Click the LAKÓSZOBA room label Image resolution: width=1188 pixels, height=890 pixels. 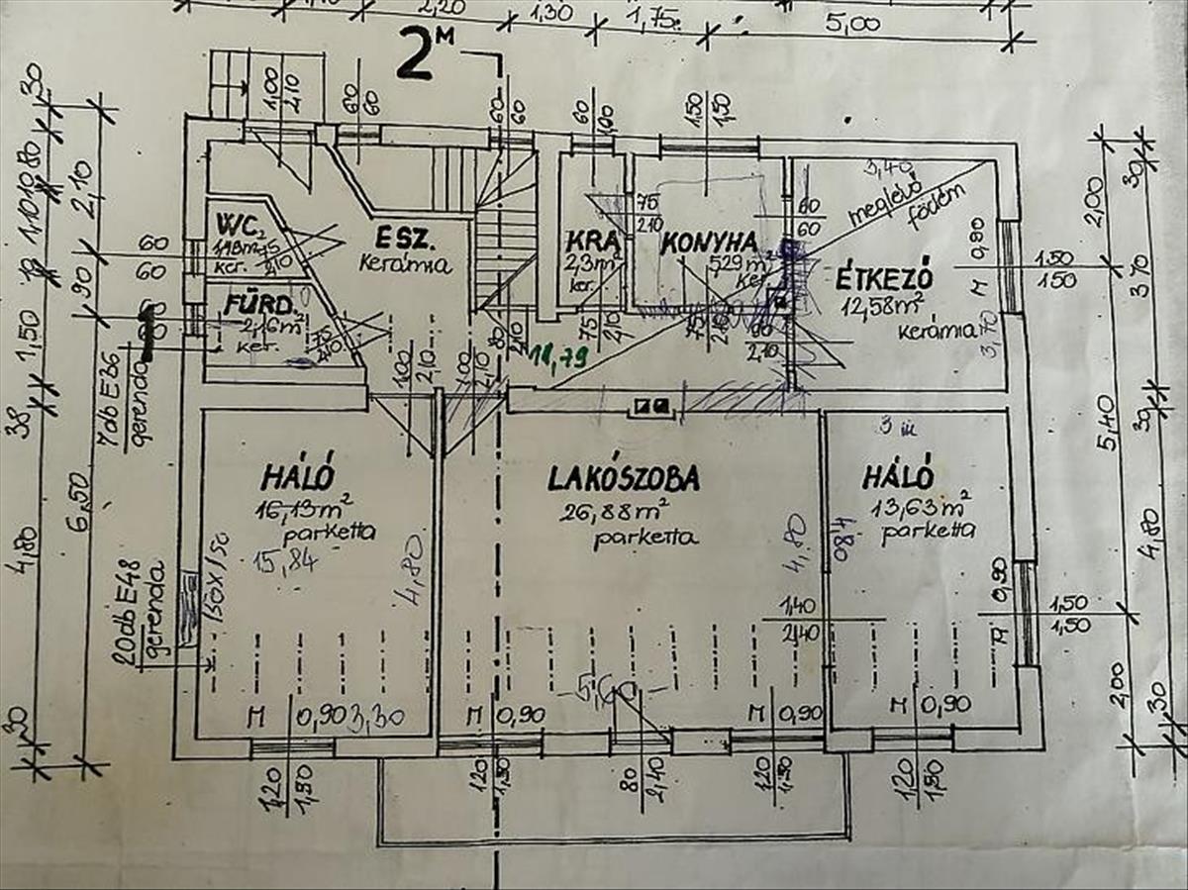coord(624,478)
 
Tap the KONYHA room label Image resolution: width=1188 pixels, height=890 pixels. coord(710,242)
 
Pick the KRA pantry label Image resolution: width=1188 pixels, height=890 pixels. coord(593,241)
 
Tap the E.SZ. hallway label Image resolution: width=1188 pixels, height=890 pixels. coord(408,239)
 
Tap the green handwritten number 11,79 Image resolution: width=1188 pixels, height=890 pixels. coord(557,353)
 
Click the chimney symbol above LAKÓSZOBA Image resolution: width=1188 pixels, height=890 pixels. coord(652,404)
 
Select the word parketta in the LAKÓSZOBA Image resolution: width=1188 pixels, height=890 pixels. coord(645,540)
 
